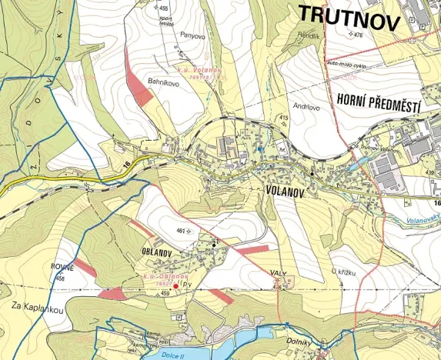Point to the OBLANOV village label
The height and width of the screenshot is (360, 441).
coord(159,252)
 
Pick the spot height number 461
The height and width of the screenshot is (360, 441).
coord(182,230)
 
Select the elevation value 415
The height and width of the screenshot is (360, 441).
coord(283,117)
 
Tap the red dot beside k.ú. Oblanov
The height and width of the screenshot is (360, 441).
coord(176,286)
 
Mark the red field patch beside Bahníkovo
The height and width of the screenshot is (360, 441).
coord(140,89)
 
